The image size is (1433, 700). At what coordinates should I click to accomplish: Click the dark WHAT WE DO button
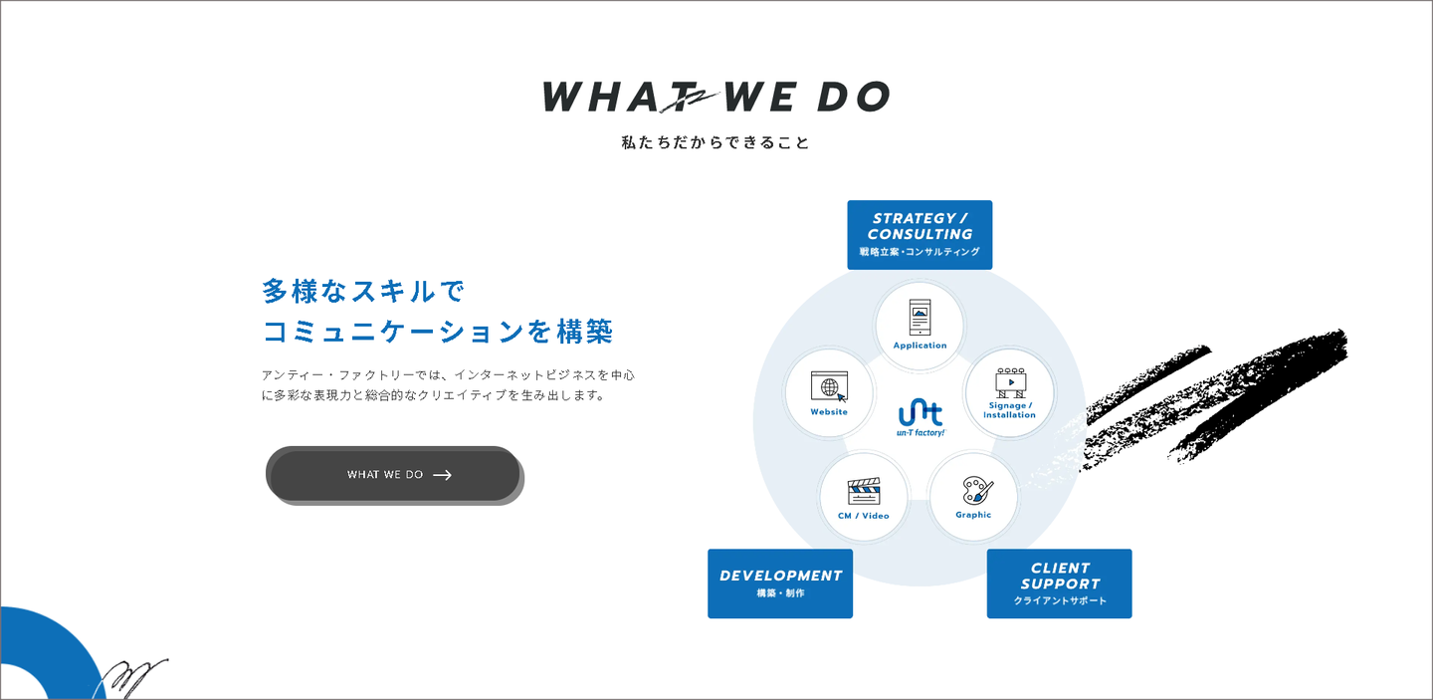[x=393, y=474]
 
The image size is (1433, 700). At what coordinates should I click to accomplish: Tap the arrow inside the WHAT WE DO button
[x=443, y=475]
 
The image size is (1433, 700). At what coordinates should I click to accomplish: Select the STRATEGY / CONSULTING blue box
[x=920, y=235]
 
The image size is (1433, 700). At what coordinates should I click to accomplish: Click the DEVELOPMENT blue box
[x=780, y=583]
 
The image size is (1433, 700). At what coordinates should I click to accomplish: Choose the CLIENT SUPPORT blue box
[x=1059, y=583]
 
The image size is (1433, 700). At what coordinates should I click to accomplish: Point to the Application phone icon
[x=920, y=318]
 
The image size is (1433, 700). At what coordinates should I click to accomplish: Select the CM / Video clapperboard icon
[x=864, y=492]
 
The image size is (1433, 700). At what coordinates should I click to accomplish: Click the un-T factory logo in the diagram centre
[x=920, y=417]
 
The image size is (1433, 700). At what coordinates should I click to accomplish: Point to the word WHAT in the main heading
[x=604, y=98]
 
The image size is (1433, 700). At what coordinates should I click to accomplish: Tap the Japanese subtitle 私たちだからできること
[x=716, y=142]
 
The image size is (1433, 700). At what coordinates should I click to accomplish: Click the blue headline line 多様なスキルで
[x=363, y=292]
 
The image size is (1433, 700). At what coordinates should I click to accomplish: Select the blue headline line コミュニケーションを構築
[x=438, y=332]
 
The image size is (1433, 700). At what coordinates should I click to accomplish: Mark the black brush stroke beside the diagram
[x=1234, y=398]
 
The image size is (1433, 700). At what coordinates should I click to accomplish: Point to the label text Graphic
[x=973, y=515]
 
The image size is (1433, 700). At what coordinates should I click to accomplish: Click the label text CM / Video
[x=864, y=516]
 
